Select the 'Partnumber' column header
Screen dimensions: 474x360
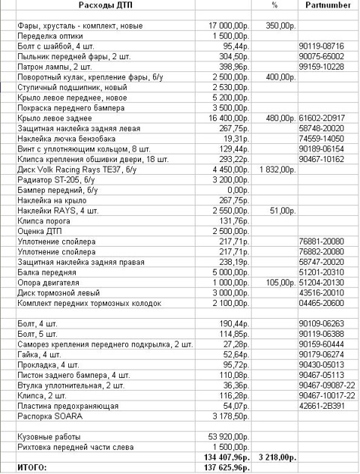pyautogui.click(x=323, y=5)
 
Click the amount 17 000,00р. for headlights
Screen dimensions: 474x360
pyautogui.click(x=229, y=25)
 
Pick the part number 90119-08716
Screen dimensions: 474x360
pyautogui.click(x=321, y=46)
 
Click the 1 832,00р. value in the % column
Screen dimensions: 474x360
pyautogui.click(x=274, y=169)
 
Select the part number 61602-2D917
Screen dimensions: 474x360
pyautogui.click(x=321, y=118)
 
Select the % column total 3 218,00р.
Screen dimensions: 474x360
pyautogui.click(x=274, y=457)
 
